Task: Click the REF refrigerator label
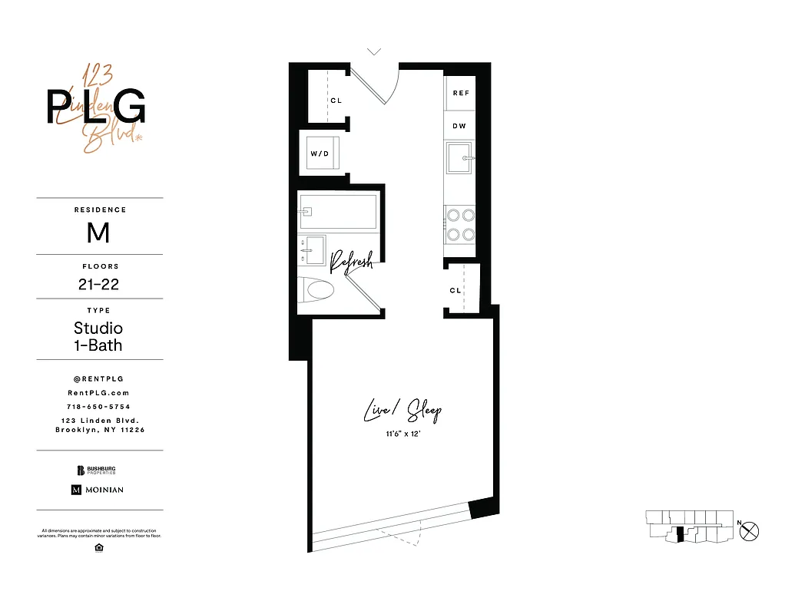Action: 461,93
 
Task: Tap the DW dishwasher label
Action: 459,126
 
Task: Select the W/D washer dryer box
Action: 320,153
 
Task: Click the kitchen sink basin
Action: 460,159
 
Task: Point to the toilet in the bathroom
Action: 319,290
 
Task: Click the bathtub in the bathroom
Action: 338,210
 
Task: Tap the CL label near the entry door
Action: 336,101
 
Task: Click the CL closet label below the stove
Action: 455,290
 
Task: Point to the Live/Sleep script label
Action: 403,411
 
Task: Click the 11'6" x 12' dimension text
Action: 404,434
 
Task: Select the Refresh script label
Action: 351,261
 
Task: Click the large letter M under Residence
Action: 99,233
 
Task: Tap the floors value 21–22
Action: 99,284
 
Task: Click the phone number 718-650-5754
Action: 99,406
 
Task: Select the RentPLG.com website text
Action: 99,392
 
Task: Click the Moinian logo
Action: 98,490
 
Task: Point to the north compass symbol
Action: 749,530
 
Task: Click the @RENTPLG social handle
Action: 99,378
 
